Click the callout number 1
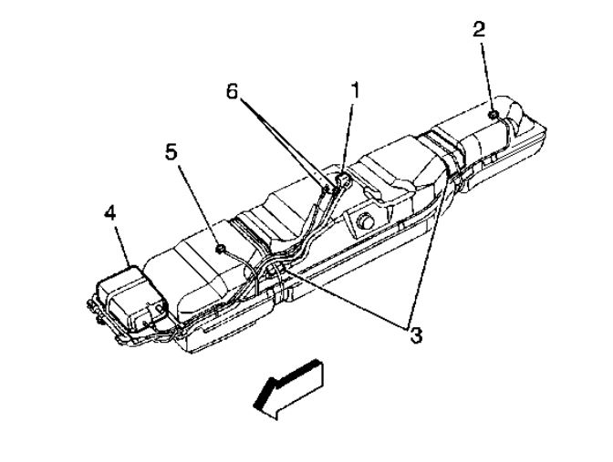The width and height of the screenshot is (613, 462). tap(356, 90)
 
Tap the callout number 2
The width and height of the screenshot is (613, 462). tap(479, 28)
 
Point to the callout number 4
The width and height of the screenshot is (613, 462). tap(109, 215)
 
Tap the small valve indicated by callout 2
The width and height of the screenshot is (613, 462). tap(493, 114)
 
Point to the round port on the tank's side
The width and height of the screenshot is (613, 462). tap(365, 219)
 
